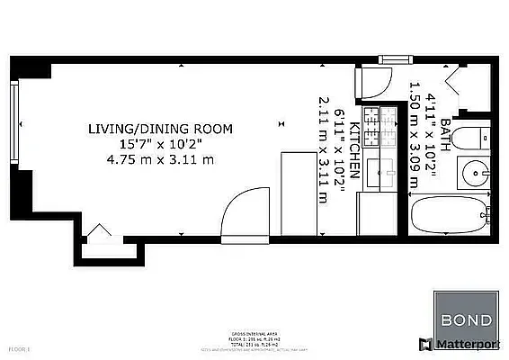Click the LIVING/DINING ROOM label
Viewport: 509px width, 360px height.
click(159, 130)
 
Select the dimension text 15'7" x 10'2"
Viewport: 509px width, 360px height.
click(159, 145)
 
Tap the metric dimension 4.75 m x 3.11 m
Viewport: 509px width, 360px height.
click(159, 160)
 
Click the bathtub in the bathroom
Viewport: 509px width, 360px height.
click(451, 218)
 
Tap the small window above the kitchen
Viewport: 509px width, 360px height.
click(394, 59)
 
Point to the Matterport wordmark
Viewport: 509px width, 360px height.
click(470, 344)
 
